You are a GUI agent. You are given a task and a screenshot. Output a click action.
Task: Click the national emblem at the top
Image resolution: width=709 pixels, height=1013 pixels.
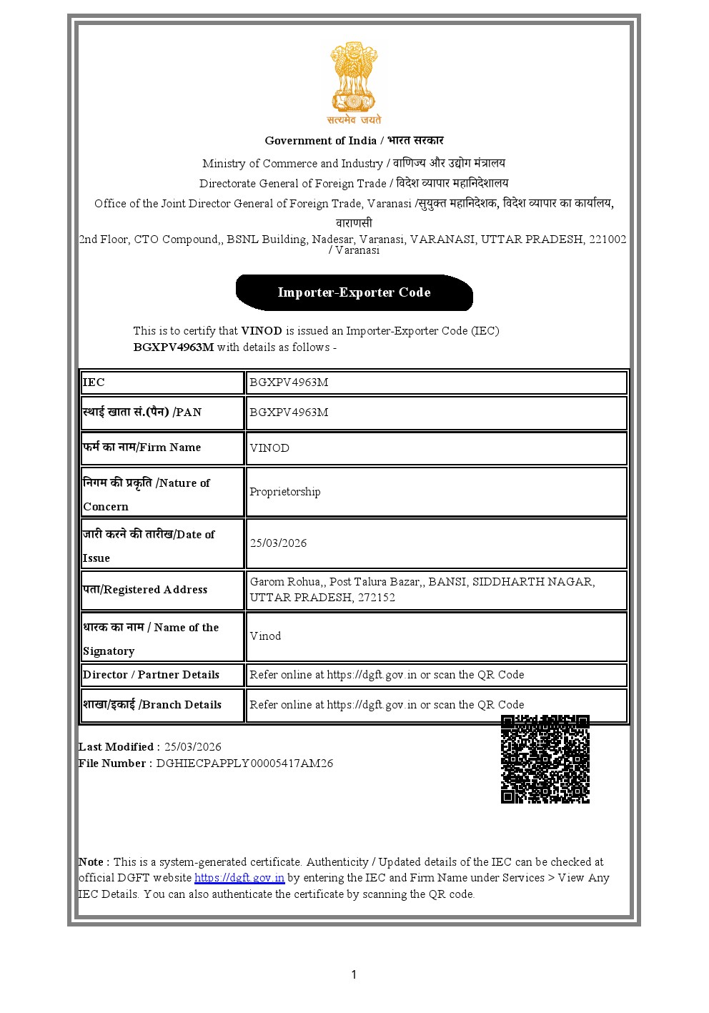click(354, 82)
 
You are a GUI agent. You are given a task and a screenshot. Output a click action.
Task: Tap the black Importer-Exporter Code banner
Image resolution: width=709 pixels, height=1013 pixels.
click(354, 292)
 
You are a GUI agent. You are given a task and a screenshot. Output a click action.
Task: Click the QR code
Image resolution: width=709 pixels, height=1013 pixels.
click(545, 758)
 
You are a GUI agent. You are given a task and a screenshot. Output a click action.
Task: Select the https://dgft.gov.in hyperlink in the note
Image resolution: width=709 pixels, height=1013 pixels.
click(239, 878)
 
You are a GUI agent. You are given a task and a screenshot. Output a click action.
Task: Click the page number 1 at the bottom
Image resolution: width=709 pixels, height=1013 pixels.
click(354, 974)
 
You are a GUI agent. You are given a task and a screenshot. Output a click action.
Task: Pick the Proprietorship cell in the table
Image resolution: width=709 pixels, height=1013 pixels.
click(285, 492)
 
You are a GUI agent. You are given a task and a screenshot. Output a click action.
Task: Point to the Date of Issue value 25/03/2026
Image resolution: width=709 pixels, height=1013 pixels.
click(278, 543)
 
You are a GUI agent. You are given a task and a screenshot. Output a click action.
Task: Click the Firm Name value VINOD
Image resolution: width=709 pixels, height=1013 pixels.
click(269, 448)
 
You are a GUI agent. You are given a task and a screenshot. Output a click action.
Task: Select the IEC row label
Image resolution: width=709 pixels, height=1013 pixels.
click(94, 382)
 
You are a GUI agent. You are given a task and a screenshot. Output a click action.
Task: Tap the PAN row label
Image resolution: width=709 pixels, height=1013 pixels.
click(142, 412)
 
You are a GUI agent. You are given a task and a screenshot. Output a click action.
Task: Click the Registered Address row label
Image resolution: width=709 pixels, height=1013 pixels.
click(145, 590)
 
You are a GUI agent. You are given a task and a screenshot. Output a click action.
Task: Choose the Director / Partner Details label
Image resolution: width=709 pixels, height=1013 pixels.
click(151, 675)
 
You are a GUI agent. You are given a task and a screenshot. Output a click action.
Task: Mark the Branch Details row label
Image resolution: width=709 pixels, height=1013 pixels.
click(152, 705)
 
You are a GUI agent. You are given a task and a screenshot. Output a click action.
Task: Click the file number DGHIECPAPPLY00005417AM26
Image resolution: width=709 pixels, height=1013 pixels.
click(244, 764)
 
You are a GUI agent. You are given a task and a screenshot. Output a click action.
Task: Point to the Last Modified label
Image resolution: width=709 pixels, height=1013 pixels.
click(116, 747)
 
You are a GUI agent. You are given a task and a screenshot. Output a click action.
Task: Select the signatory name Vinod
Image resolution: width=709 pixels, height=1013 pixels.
click(265, 636)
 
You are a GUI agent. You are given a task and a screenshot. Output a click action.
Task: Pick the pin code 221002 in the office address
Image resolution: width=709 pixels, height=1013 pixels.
click(607, 239)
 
